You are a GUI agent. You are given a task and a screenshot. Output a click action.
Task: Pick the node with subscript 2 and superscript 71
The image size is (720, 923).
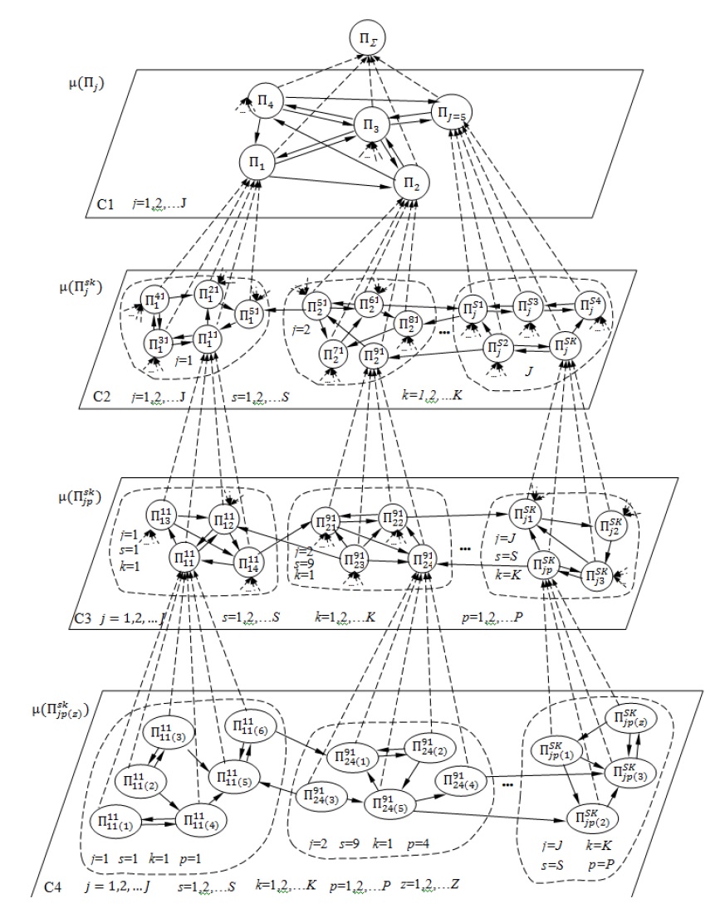tap(336, 355)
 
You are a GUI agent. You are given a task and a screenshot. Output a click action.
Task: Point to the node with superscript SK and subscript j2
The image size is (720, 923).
tap(613, 525)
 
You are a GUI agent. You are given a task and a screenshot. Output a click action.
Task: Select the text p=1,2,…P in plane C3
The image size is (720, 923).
tap(501, 617)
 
